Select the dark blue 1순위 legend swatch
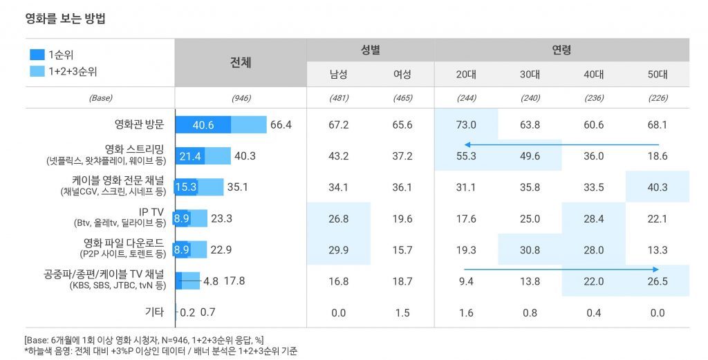[37, 55]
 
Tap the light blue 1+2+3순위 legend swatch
[37, 71]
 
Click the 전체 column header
[240, 62]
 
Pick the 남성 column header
[338, 75]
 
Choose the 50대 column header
[658, 75]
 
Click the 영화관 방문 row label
[139, 125]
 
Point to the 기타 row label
[153, 312]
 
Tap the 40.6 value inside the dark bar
[203, 125]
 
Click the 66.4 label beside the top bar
[281, 125]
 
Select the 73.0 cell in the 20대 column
[466, 125]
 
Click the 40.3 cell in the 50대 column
[658, 187]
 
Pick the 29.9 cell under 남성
[338, 250]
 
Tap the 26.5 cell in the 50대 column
[658, 281]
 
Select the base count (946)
[240, 98]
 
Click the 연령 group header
[561, 50]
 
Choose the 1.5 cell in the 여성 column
[402, 313]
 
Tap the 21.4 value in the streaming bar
[190, 156]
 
